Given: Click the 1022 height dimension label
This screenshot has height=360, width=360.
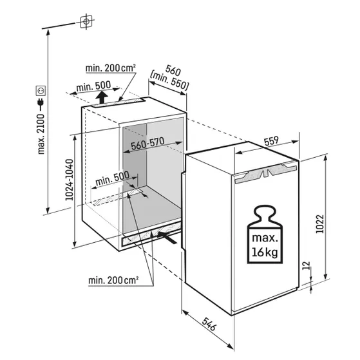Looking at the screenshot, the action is coord(319,224).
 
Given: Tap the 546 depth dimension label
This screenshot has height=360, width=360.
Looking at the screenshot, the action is coord(209,324).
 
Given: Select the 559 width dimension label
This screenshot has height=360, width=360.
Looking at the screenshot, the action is coord(271,141).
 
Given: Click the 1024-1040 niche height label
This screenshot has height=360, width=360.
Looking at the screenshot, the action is coord(70,180).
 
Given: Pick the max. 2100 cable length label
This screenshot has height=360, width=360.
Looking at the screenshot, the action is coord(41,134).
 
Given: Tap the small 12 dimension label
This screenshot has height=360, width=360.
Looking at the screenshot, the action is coord(307,265).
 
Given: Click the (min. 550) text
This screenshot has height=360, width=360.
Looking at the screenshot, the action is coord(169,81).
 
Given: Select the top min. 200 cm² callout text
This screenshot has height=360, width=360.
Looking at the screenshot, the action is coord(110,68).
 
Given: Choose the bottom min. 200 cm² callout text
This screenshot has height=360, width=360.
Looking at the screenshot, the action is coord(113,280).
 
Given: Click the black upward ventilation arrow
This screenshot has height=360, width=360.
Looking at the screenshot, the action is coord(101,97).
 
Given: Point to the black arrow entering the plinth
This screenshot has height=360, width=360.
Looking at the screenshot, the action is coord(167,238).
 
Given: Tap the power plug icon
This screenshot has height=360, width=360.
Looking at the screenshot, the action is coord(41,104).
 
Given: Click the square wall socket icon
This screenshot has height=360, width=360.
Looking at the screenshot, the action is coord(41,91).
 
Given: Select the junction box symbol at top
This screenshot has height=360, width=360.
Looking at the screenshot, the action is coord(86,22).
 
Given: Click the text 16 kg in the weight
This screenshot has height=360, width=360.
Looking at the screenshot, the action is coord(265,252).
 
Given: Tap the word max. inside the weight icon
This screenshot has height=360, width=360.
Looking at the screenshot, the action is coord(265,238).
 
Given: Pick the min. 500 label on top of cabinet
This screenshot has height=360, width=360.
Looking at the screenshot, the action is coord(93,86).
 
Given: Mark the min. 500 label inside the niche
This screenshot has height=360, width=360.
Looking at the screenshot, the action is coord(112,178).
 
